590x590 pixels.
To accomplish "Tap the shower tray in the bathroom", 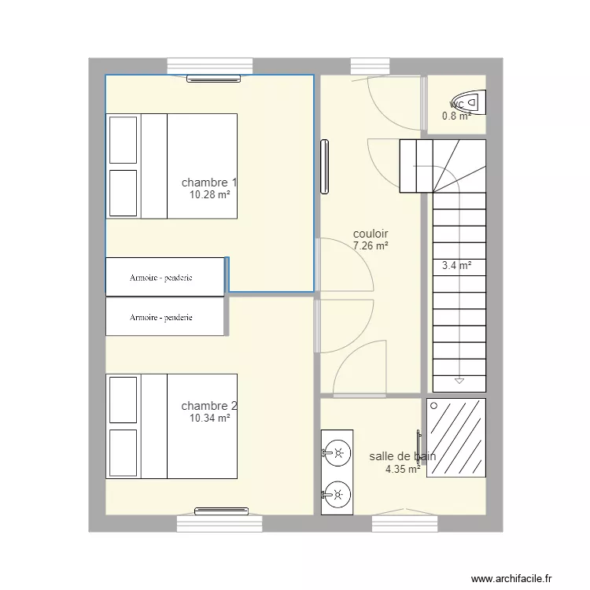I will [456, 438].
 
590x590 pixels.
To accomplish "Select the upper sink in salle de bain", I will [336, 452].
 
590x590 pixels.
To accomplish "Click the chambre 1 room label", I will [208, 183].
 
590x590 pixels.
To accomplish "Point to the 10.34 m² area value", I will [209, 419].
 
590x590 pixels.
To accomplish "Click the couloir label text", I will [371, 234].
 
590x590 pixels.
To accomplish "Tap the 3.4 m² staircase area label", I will [457, 266].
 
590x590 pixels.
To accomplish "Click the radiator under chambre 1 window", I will [213, 78].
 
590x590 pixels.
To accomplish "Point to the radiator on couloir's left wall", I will [323, 166].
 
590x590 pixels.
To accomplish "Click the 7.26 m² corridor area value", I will [371, 245].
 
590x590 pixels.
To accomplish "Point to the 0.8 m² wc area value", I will [455, 116].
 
